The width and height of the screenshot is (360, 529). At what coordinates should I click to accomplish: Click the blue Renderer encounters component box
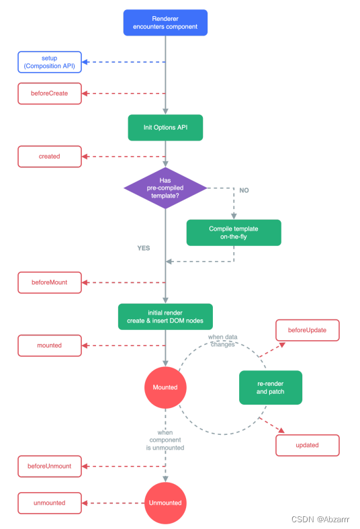point(165,23)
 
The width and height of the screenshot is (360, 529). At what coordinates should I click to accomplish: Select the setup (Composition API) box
point(50,62)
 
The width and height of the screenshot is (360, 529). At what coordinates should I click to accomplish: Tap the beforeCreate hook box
point(50,93)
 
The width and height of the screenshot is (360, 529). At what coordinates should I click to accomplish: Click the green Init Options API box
point(165,128)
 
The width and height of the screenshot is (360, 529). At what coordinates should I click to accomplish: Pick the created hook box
point(50,157)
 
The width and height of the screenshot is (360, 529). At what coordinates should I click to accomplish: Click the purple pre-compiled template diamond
point(165,188)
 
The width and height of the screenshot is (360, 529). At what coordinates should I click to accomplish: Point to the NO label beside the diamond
point(244,190)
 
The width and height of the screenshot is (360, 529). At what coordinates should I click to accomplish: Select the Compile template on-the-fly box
point(234,233)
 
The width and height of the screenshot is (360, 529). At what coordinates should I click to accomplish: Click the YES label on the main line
point(144,248)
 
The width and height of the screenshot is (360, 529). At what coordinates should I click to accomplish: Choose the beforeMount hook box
point(50,282)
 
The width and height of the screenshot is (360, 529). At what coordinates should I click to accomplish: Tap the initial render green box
point(165,317)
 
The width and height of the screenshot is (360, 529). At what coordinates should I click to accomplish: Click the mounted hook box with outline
point(50,345)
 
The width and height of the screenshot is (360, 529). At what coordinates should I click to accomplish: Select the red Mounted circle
point(165,387)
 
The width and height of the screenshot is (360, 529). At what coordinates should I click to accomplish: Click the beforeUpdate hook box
point(308,330)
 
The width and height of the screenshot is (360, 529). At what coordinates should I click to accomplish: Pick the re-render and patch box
point(271,388)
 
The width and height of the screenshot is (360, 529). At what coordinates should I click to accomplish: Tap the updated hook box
point(308,446)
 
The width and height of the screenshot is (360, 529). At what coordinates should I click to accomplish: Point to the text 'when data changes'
point(222,341)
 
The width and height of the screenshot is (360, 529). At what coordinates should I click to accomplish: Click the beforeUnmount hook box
point(50,466)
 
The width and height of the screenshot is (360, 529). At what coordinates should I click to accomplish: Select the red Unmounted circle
point(165,503)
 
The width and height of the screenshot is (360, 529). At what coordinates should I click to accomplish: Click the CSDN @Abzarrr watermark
point(320,519)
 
